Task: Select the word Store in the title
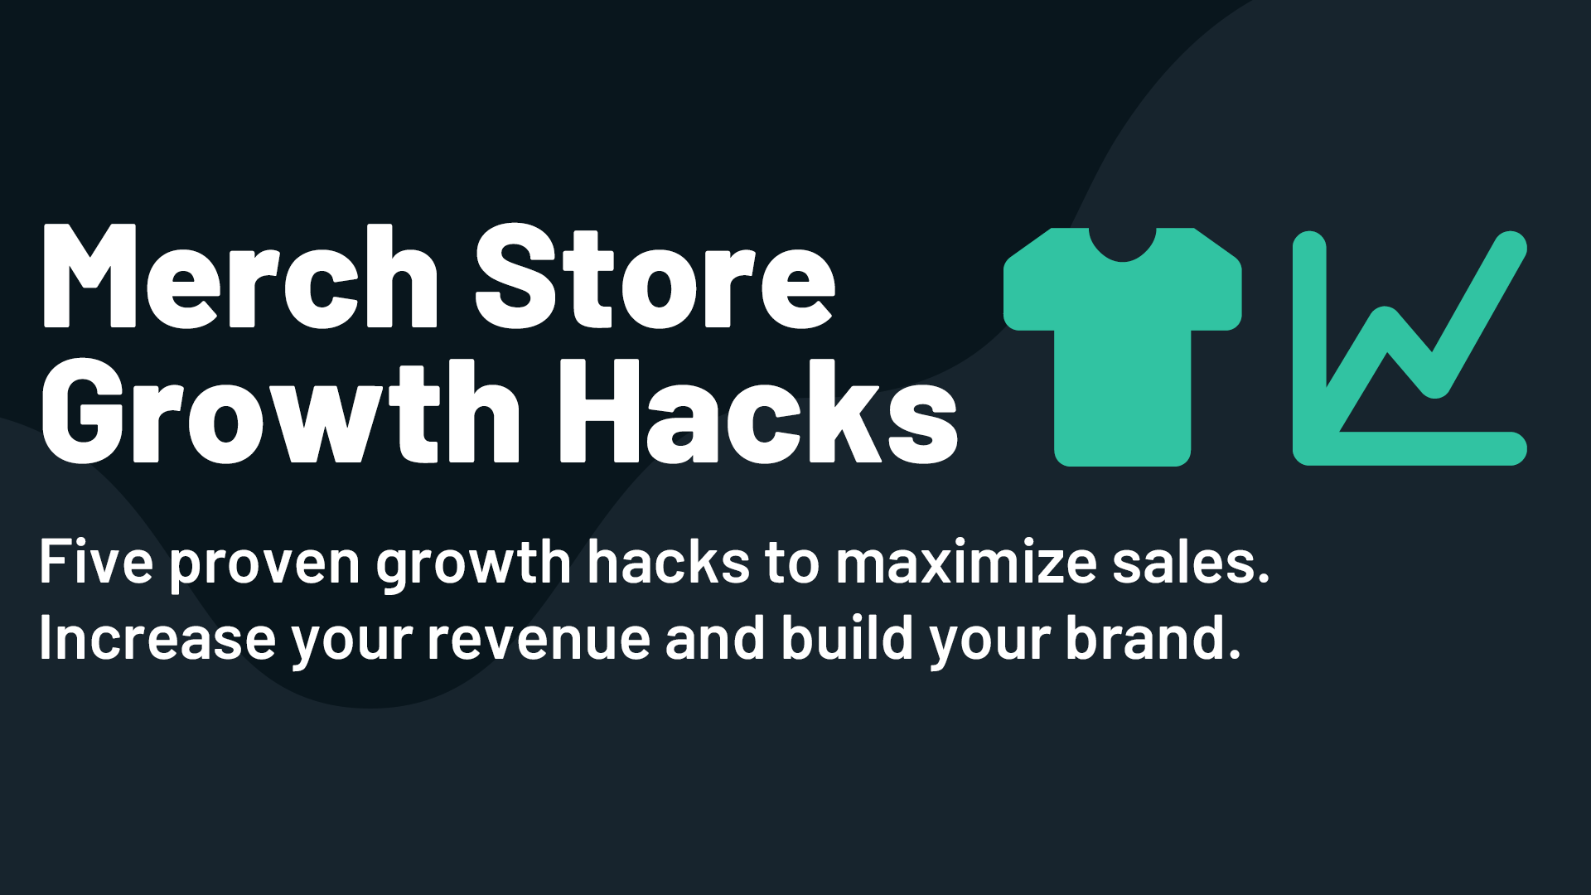click(x=655, y=278)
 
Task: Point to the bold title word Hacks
click(x=759, y=412)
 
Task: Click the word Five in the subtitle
click(x=95, y=562)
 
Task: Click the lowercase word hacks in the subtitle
click(x=669, y=562)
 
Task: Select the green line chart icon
click(x=1409, y=348)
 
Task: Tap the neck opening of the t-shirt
click(x=1122, y=240)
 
